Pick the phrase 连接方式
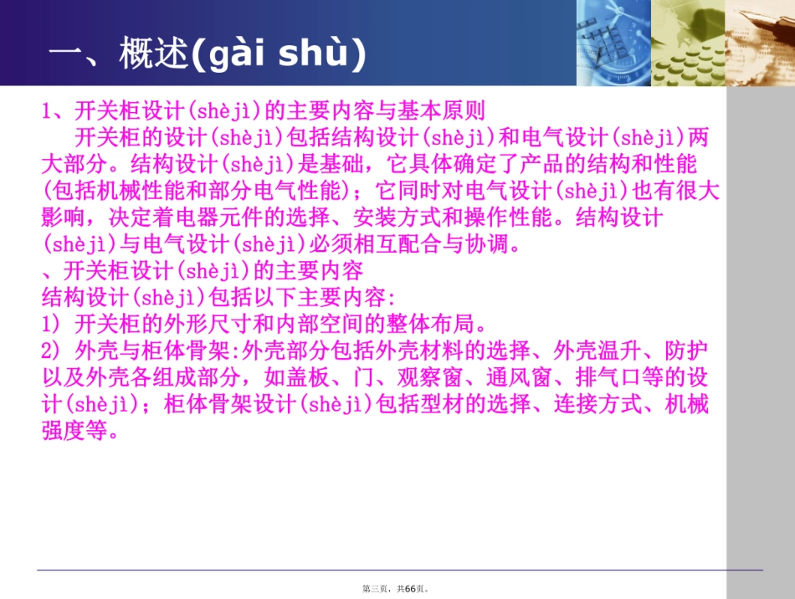pyautogui.click(x=589, y=406)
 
